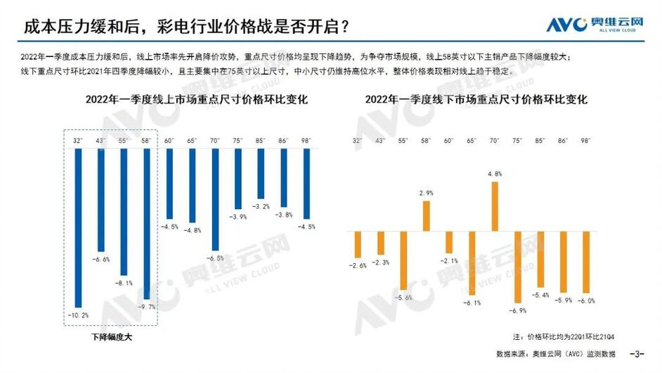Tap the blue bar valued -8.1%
click(124, 211)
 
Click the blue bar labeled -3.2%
click(261, 173)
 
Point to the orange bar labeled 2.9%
click(426, 215)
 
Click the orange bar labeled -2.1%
click(448, 242)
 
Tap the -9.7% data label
click(147, 307)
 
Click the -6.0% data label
click(587, 300)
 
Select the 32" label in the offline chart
click(358, 141)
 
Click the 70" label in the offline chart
click(495, 141)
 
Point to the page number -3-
click(639, 353)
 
